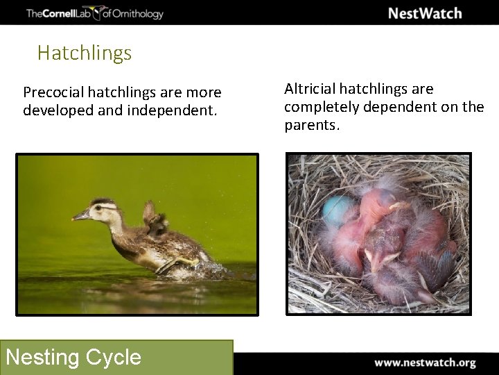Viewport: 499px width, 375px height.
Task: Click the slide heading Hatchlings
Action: [85, 53]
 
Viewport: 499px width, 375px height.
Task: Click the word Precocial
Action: [52, 92]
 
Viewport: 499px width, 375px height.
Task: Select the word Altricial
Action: [311, 89]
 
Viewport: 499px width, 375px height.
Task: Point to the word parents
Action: [312, 126]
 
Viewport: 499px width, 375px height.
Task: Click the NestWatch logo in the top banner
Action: [424, 13]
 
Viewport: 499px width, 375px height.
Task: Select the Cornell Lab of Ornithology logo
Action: [94, 13]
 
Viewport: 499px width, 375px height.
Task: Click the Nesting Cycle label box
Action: [118, 357]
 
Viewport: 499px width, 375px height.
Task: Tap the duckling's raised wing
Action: [152, 215]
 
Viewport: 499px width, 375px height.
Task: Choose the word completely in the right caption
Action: [317, 108]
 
